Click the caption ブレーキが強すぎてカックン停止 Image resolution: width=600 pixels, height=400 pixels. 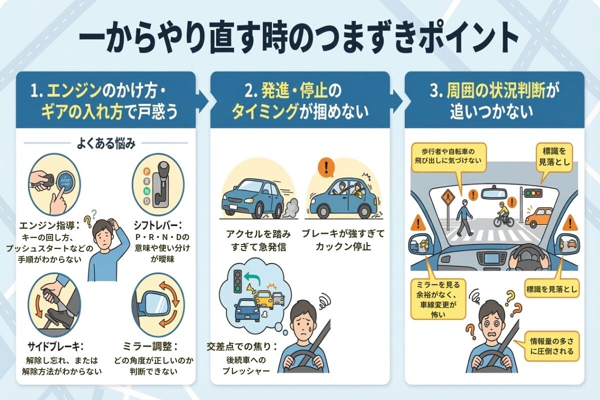pyautogui.click(x=343, y=239)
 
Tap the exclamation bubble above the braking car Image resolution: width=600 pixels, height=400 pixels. pyautogui.click(x=326, y=168)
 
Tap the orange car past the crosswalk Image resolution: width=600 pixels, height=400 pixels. pyautogui.click(x=538, y=217)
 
